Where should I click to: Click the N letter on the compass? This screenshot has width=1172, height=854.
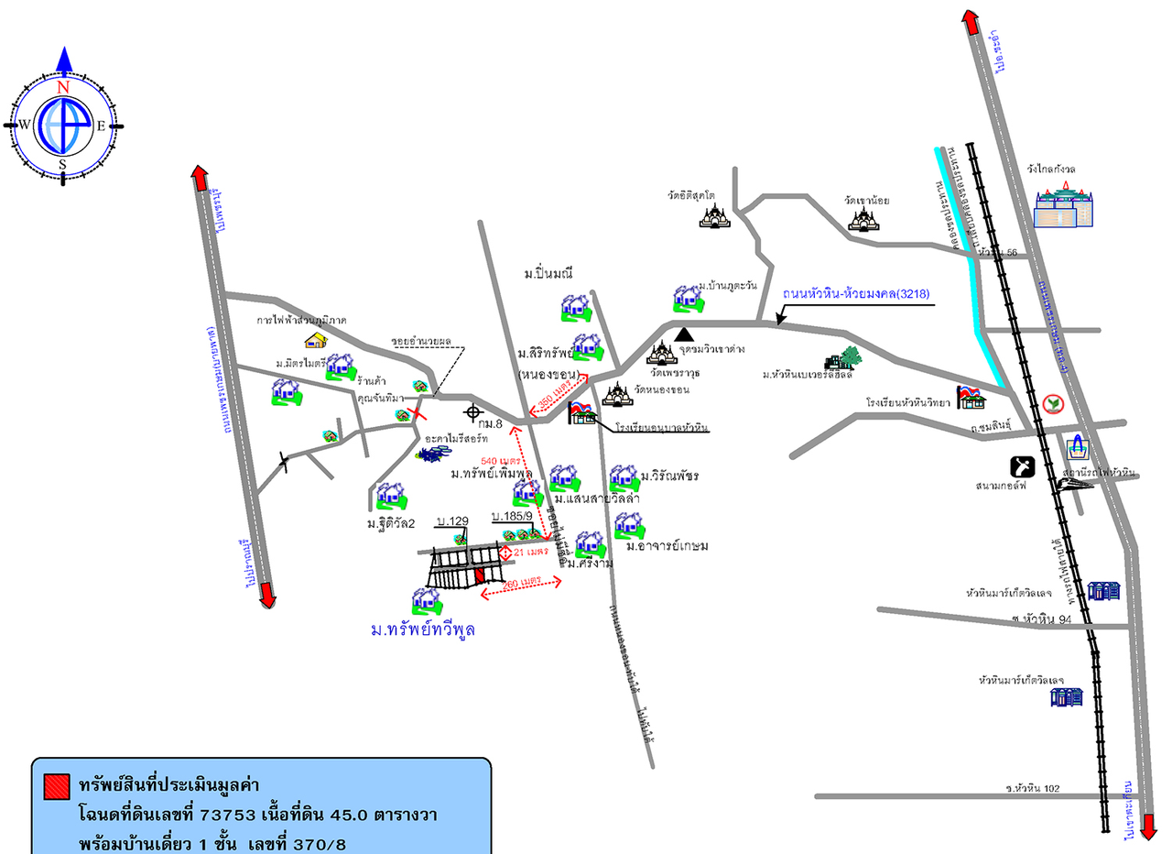[63, 87]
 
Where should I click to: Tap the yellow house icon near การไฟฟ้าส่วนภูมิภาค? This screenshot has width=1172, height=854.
[316, 340]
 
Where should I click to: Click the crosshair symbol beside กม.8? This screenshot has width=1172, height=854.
[472, 411]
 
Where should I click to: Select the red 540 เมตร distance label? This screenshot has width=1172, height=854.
[501, 460]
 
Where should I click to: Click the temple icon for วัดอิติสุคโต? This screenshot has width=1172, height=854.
[715, 216]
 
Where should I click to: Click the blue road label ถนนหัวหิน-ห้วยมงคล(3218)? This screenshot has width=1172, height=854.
[856, 295]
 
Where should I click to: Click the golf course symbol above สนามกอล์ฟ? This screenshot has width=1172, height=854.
[1023, 466]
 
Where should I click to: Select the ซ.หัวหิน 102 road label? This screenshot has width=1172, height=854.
[1032, 787]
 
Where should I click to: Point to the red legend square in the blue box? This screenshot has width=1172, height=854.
[57, 785]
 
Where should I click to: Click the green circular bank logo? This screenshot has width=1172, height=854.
[1054, 403]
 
